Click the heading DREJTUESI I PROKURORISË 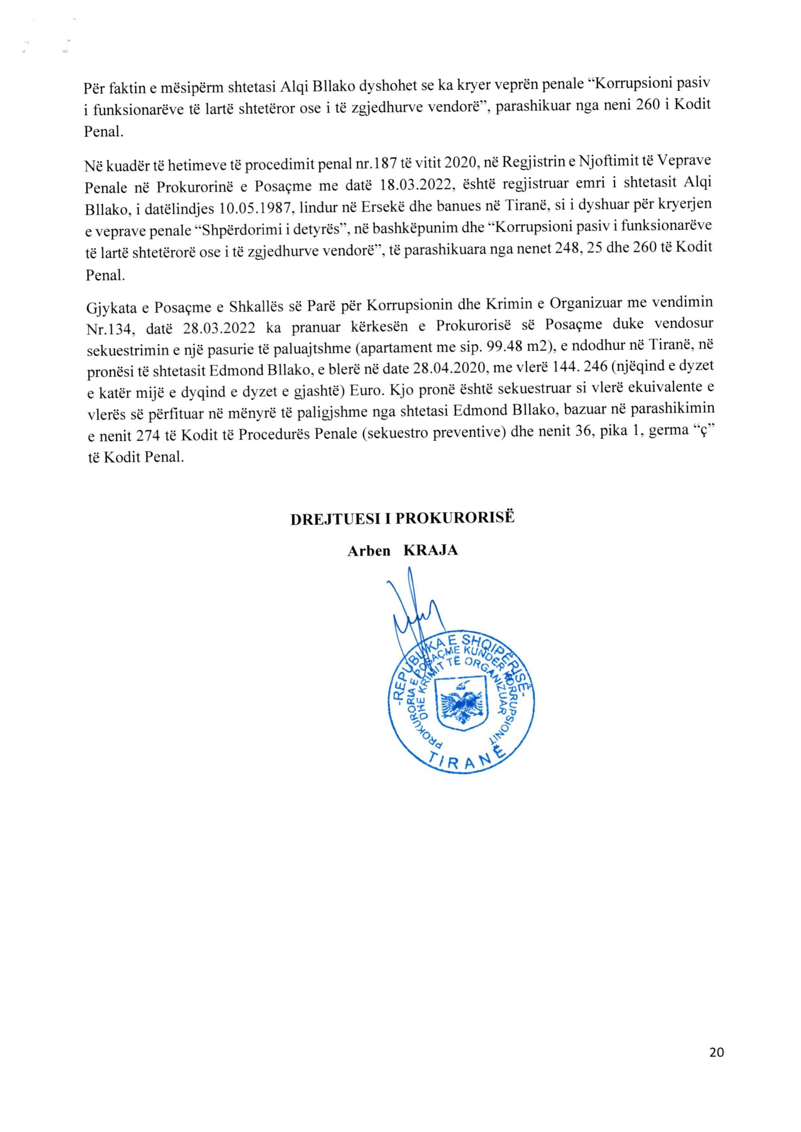coord(402,519)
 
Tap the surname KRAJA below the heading coord(431,550)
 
